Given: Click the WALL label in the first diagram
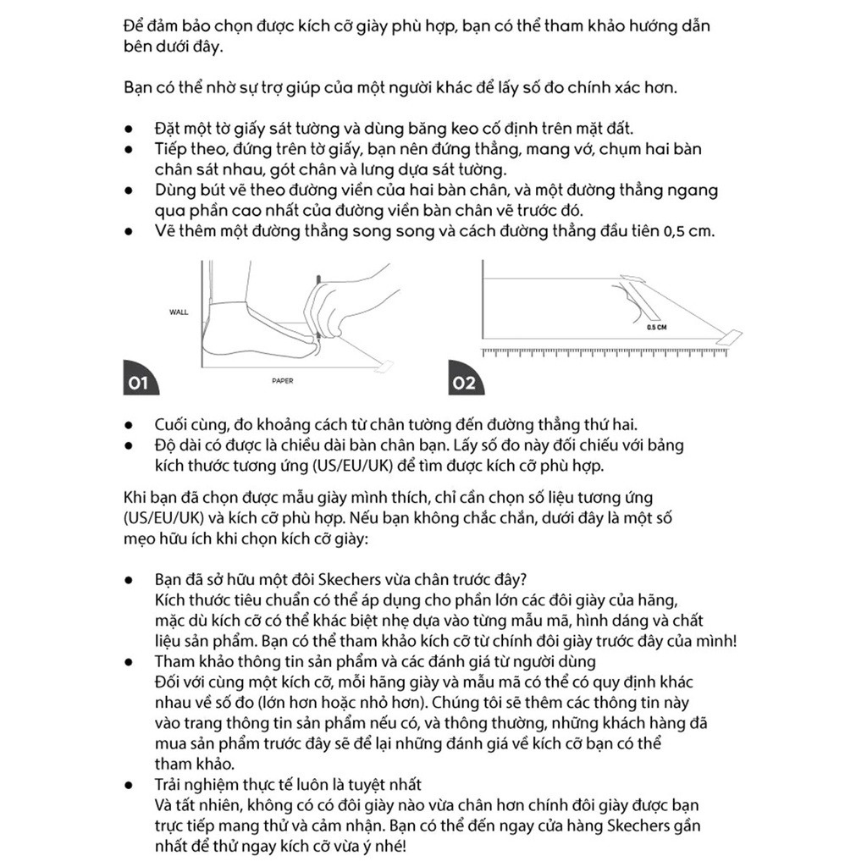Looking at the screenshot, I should coord(179,312).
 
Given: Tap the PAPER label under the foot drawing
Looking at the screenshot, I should coord(283,381).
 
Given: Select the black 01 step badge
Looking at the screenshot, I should coord(137,383).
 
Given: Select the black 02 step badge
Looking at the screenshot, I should coord(464,383).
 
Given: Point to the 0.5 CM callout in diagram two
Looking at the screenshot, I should coord(656,326).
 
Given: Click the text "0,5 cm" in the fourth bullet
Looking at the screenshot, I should coord(687,230).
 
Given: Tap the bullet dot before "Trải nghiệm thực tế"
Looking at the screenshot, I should coord(129,785).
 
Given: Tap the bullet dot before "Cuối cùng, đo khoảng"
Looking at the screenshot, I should coord(129,425).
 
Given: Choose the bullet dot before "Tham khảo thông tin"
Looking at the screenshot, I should coord(129,661).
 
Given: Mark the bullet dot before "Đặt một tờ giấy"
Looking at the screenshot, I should coord(129,129).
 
